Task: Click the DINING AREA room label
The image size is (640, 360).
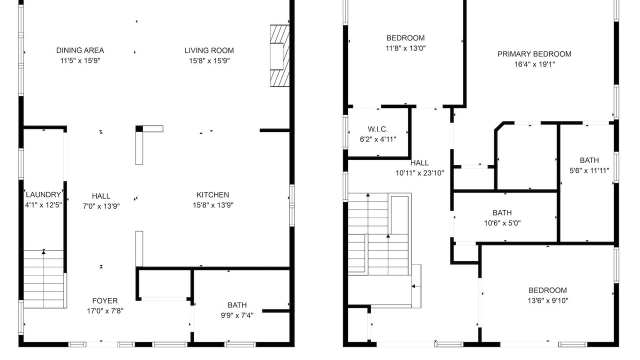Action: (x=80, y=50)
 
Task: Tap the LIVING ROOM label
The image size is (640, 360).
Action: (x=209, y=50)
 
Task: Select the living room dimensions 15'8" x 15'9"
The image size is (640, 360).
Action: (x=209, y=61)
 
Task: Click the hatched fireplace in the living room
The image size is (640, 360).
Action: (x=279, y=55)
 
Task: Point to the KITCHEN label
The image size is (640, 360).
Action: (x=213, y=195)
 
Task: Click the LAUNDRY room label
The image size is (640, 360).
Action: (x=43, y=194)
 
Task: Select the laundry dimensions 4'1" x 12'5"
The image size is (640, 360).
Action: (x=43, y=205)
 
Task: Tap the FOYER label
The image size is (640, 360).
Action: (x=105, y=300)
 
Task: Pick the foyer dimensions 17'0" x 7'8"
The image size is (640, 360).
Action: (x=105, y=311)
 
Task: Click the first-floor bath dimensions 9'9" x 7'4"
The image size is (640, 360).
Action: (x=237, y=315)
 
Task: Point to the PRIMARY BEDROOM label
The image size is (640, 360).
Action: (x=534, y=54)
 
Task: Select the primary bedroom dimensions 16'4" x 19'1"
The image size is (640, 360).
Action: (x=534, y=64)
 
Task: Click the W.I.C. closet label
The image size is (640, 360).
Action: (x=377, y=129)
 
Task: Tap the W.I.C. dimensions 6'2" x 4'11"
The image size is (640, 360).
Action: (x=378, y=139)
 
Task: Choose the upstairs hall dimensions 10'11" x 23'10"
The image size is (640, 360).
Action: (x=419, y=173)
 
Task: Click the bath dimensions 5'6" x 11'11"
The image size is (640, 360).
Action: (x=589, y=170)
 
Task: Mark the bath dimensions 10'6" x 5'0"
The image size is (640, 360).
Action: (x=502, y=223)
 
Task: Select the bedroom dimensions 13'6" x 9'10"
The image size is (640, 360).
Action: (x=547, y=300)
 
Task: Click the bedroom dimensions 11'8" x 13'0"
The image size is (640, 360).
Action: (x=405, y=48)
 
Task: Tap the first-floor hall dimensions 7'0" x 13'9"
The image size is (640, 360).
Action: (x=101, y=206)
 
